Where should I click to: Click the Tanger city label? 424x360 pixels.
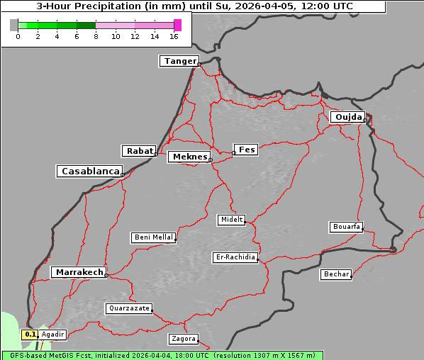[x=179, y=61]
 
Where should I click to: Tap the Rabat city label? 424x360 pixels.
[x=139, y=151]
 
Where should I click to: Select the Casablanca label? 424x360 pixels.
[x=90, y=171]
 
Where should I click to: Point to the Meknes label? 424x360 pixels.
[x=189, y=157]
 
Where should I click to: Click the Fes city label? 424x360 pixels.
[x=247, y=150]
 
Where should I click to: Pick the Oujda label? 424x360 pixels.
[x=347, y=117]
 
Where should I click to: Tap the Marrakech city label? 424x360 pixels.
[x=79, y=272]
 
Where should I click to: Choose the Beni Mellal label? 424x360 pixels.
[x=153, y=237]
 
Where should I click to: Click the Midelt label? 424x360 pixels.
[x=231, y=220]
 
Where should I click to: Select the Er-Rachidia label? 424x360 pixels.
[x=235, y=257]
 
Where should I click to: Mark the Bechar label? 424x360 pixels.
[x=336, y=274]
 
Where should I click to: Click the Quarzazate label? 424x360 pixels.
[x=128, y=308]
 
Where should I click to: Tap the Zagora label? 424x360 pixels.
[x=183, y=339]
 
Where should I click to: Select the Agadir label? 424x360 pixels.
[x=53, y=334]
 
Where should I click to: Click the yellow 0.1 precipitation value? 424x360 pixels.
[x=30, y=334]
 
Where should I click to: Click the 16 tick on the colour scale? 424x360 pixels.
[x=174, y=36]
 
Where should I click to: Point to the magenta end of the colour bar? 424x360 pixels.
[x=177, y=25]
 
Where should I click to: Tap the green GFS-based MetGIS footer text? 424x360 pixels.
[x=162, y=355]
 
